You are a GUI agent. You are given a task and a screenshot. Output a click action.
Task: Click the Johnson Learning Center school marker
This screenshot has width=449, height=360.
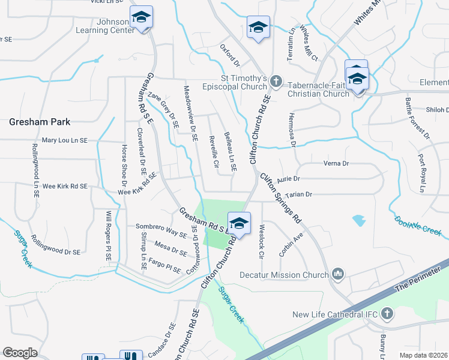(x=141, y=17)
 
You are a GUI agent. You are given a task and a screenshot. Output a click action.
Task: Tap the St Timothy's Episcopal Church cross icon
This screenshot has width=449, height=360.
(x=276, y=80)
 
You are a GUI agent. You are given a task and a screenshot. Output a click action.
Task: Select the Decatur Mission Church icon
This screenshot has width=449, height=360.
(x=338, y=275)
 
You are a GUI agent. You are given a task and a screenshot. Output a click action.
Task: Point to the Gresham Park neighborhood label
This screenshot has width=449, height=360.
(x=40, y=122)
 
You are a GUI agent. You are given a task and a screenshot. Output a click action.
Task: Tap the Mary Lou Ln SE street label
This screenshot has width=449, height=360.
(x=64, y=140)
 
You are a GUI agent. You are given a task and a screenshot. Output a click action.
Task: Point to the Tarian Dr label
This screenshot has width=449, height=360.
(x=300, y=194)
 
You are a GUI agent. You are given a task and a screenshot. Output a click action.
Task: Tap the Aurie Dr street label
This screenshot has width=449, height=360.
(x=288, y=178)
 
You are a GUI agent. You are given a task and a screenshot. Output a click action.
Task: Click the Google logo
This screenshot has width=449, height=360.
(x=20, y=352)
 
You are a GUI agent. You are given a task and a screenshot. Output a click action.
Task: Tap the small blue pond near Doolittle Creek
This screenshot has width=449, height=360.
(x=359, y=220)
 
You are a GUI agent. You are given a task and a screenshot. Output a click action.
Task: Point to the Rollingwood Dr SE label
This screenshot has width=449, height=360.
(x=55, y=245)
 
